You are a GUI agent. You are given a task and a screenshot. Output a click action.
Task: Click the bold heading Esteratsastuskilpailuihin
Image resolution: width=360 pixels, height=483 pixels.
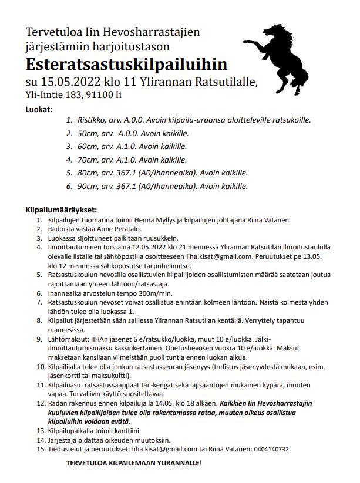[x=126, y=63]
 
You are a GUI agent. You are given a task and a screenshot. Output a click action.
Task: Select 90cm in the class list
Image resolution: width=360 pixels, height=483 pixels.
[x=88, y=187]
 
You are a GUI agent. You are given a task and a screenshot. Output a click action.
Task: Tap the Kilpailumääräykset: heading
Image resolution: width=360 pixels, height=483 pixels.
[x=61, y=210]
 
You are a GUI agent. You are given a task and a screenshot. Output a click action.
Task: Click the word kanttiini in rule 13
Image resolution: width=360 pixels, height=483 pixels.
[x=123, y=430]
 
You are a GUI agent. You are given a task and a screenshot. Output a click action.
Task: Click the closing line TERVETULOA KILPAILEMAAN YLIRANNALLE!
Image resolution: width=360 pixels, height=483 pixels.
[x=134, y=463]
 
